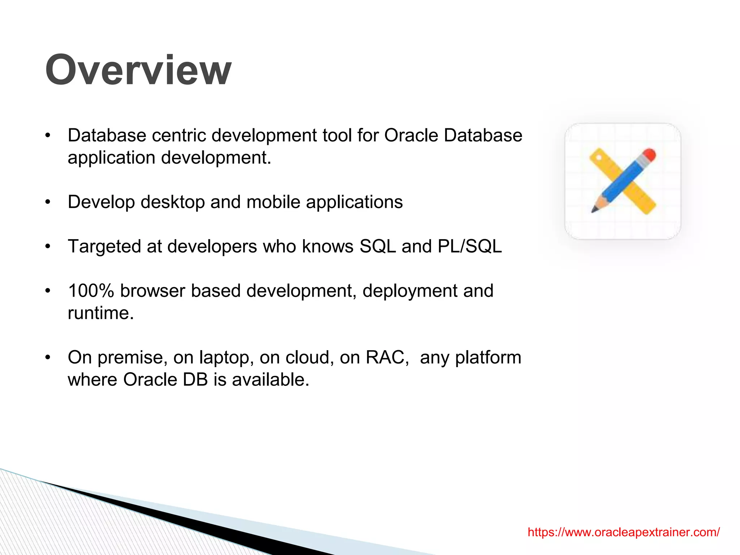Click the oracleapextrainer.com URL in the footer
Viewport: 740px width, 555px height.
pos(623,532)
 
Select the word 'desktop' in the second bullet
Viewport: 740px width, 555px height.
pos(173,202)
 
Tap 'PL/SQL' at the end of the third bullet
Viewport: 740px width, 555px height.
pos(469,246)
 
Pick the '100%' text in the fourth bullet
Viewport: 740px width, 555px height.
pos(91,291)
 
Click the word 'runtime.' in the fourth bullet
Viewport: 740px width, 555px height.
pos(101,313)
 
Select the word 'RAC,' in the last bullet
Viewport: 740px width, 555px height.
pos(387,357)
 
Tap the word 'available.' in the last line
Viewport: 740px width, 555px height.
pos(271,380)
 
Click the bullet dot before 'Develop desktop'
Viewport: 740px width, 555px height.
pos(48,202)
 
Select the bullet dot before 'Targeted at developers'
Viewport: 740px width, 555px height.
pos(48,247)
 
